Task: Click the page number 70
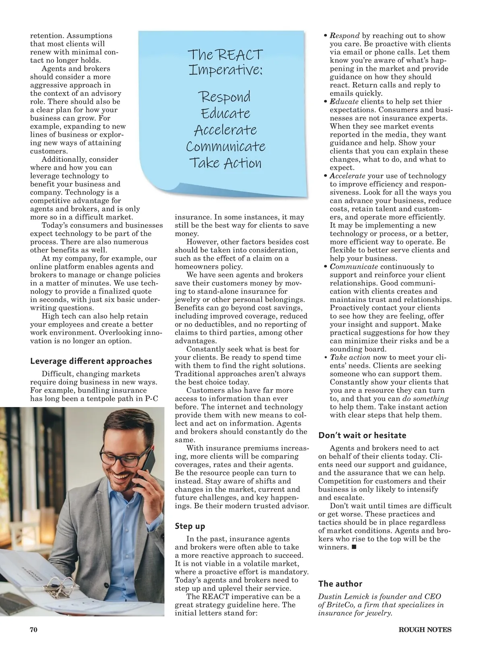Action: [33, 630]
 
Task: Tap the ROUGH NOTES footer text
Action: [425, 630]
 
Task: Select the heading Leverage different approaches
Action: [91, 361]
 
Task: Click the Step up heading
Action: [190, 526]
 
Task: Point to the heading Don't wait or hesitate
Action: [362, 435]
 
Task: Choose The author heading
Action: [340, 584]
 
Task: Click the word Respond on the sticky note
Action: [225, 97]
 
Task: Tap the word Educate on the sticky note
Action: [225, 113]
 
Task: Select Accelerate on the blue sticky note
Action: [225, 130]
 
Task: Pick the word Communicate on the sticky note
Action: [225, 146]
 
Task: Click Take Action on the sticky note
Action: [225, 163]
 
